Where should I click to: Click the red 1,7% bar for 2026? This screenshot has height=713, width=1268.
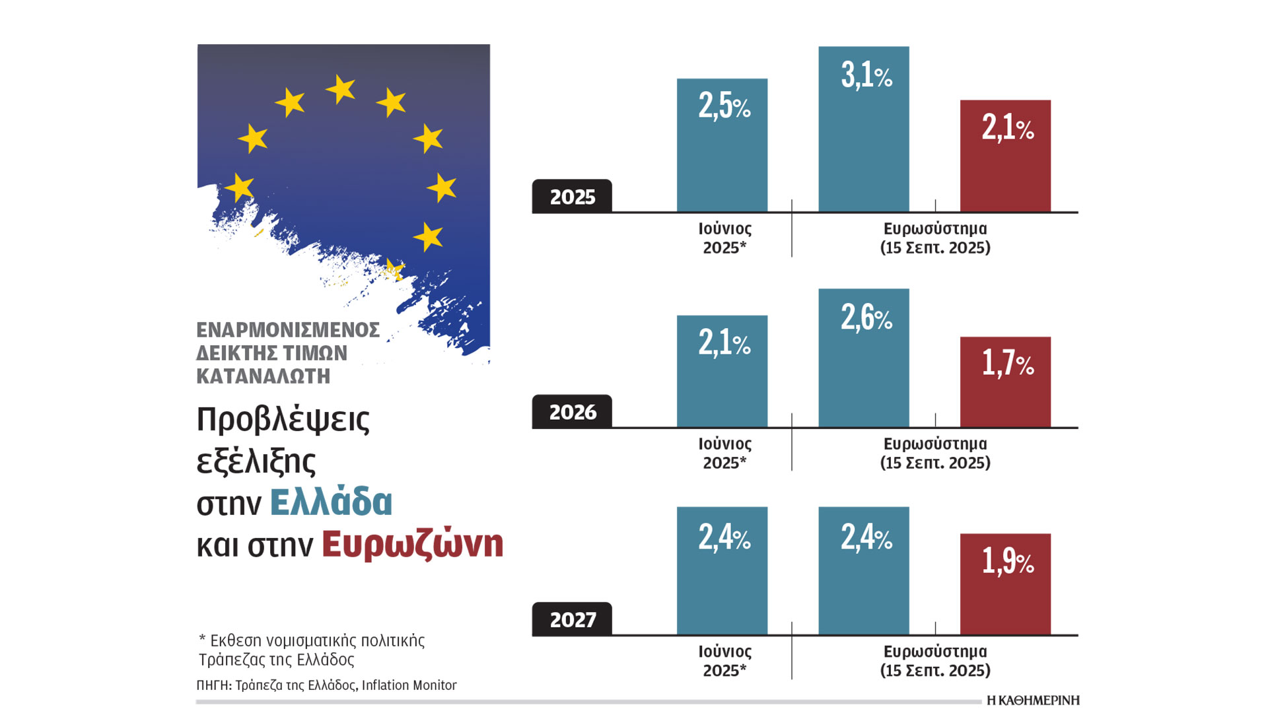(1005, 382)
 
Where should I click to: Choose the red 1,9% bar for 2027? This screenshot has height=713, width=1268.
(1005, 584)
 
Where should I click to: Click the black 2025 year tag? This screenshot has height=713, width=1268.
(572, 197)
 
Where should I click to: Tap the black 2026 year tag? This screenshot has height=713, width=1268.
(572, 412)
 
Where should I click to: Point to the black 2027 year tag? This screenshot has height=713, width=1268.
(572, 619)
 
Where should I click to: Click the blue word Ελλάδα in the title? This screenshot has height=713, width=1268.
(331, 502)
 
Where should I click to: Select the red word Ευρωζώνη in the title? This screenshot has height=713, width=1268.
(412, 545)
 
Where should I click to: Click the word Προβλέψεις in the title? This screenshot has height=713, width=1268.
(283, 419)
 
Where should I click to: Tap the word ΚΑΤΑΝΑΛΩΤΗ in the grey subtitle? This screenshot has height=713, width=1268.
(263, 376)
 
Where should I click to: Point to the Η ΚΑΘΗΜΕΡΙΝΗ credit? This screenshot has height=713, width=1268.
(1032, 700)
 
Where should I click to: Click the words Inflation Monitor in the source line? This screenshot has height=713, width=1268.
(409, 685)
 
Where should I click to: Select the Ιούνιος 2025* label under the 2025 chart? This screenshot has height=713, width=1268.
(724, 238)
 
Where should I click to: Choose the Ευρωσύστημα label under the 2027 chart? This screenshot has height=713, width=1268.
(935, 652)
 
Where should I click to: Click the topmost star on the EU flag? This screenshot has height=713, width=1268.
(341, 88)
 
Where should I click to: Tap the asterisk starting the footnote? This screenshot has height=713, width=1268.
(202, 639)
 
